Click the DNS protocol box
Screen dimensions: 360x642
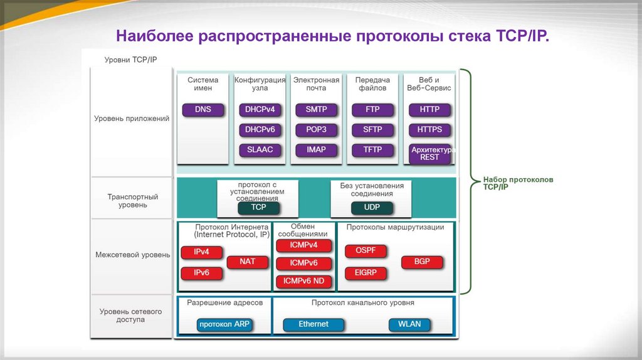[203, 110]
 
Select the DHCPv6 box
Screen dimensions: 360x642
[260, 130]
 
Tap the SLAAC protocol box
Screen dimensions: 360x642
[260, 151]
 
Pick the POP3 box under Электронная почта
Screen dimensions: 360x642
[316, 130]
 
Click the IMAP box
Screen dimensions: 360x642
[316, 151]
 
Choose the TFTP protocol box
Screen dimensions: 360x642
[372, 151]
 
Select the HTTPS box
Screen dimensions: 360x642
[429, 130]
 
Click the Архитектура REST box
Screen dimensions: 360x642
[430, 154]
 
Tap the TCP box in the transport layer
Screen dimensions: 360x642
[258, 207]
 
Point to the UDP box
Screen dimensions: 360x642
[372, 207]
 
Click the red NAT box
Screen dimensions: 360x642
[248, 262]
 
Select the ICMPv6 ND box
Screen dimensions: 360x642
[303, 281]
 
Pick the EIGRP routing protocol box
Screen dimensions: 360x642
[366, 273]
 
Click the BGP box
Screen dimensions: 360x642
[422, 262]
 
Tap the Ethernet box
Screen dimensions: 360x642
[313, 324]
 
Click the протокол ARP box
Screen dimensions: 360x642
[224, 325]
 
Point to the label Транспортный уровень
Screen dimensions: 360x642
[132, 201]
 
